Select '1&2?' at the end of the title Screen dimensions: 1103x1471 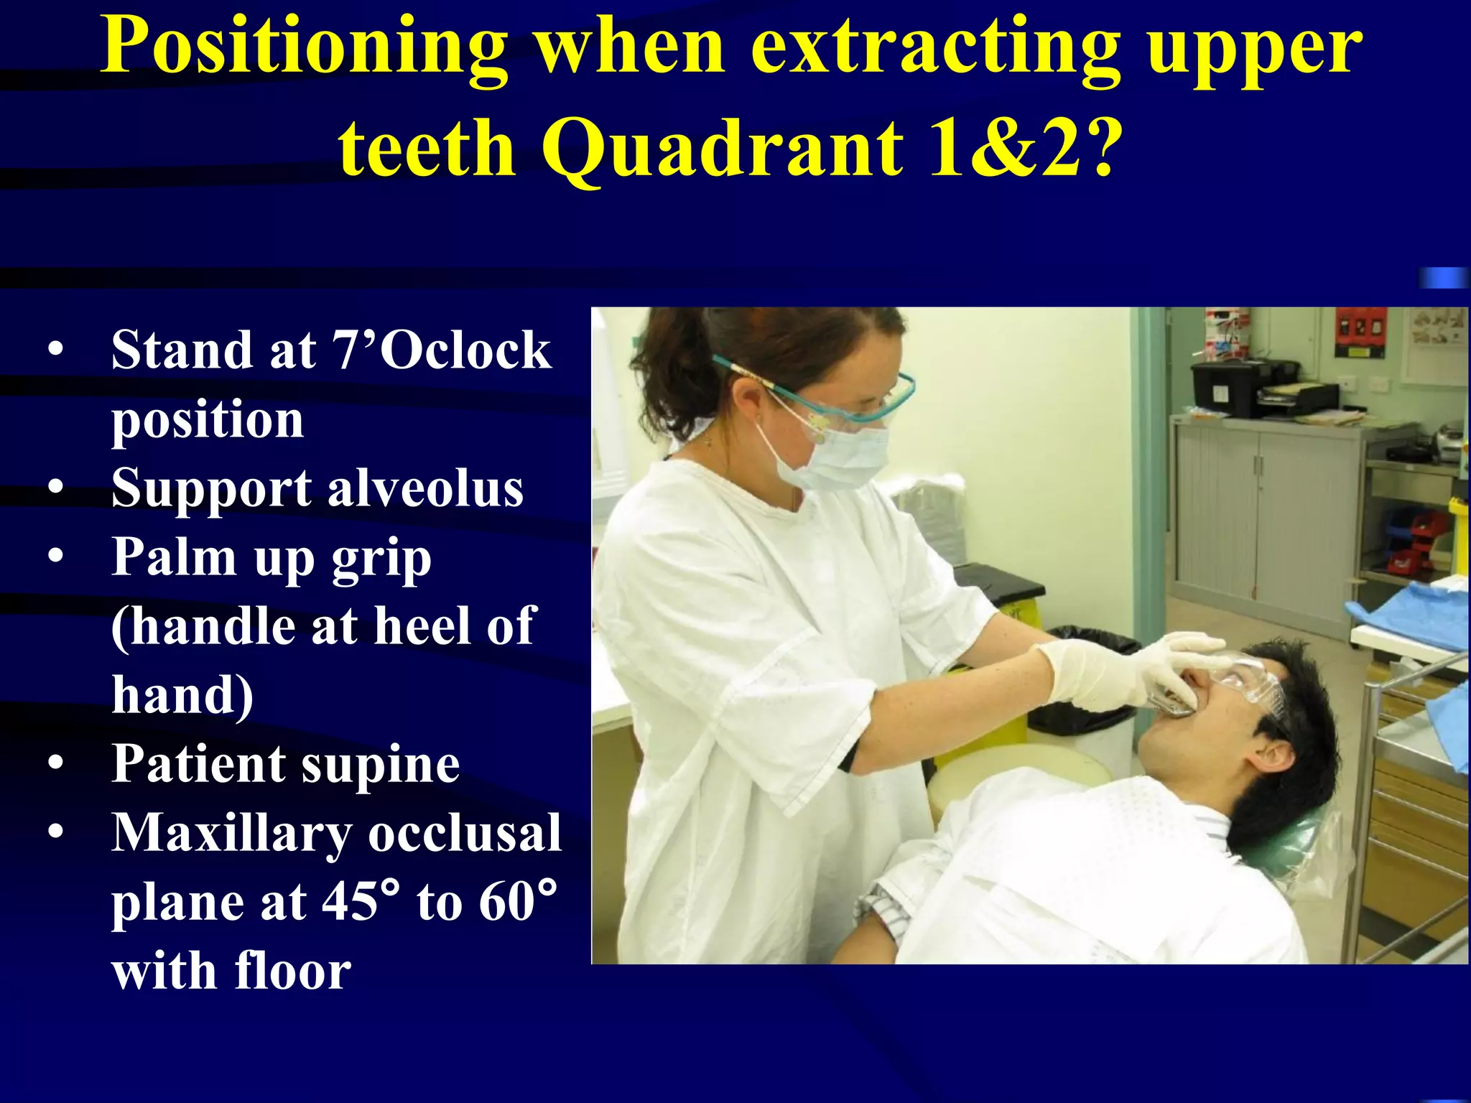[x=1021, y=147]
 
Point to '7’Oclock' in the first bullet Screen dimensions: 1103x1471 [x=441, y=350]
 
